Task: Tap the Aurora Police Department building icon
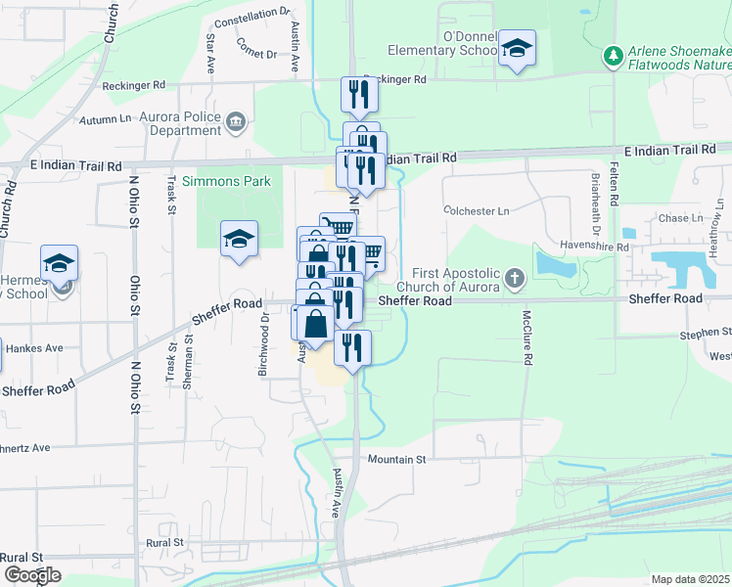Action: pyautogui.click(x=235, y=122)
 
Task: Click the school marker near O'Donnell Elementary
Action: pyautogui.click(x=516, y=49)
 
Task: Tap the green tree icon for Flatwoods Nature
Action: pyautogui.click(x=614, y=55)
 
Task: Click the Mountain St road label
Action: pyautogui.click(x=397, y=459)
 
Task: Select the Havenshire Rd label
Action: pyautogui.click(x=595, y=248)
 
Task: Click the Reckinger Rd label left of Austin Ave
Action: pyautogui.click(x=133, y=85)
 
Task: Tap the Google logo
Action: pyautogui.click(x=32, y=575)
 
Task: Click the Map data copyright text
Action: pyautogui.click(x=690, y=579)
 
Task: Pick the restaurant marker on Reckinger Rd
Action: pyautogui.click(x=358, y=95)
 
